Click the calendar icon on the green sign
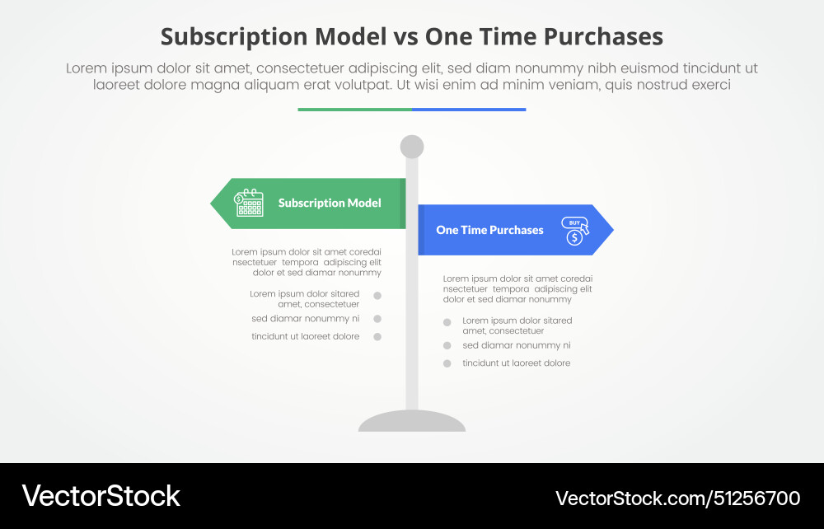(x=249, y=203)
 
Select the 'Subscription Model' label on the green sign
(x=330, y=203)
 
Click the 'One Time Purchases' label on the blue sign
(x=489, y=230)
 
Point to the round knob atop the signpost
(x=412, y=147)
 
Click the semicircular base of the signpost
(x=412, y=422)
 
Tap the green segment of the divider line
(x=354, y=109)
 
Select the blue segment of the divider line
(x=469, y=109)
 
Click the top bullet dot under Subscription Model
(x=377, y=295)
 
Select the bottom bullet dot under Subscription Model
(x=377, y=336)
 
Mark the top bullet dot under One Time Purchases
(x=447, y=322)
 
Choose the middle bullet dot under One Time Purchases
(x=447, y=345)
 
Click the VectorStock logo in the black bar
(x=101, y=496)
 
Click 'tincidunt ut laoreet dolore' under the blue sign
(x=517, y=363)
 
